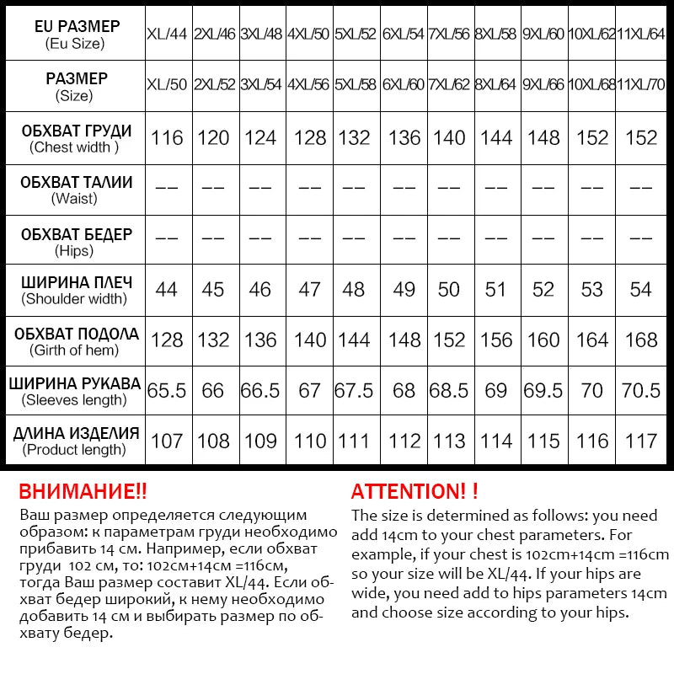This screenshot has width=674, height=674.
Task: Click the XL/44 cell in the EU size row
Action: pyautogui.click(x=167, y=35)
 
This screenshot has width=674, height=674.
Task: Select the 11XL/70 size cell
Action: pyautogui.click(x=641, y=85)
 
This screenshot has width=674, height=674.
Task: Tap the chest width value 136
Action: pyautogui.click(x=404, y=137)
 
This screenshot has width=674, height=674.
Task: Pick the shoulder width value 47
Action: pyautogui.click(x=310, y=289)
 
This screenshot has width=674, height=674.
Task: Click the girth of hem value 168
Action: pyautogui.click(x=641, y=340)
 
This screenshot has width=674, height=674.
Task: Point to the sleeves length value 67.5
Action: pyautogui.click(x=355, y=391)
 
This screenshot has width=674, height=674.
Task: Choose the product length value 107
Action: pyautogui.click(x=167, y=441)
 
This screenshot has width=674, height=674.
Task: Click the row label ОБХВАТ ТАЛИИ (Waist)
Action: pyautogui.click(x=73, y=189)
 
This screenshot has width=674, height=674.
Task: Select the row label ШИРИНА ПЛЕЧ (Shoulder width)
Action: pyautogui.click(x=73, y=289)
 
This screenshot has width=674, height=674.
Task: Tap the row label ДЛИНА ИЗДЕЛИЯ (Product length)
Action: pyautogui.click(x=73, y=441)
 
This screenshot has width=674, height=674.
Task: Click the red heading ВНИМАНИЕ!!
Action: pyautogui.click(x=83, y=492)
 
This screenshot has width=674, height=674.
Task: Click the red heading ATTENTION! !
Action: pyautogui.click(x=415, y=492)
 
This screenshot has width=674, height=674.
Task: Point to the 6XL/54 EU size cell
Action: pyautogui.click(x=404, y=35)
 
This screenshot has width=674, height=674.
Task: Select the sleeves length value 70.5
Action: pyautogui.click(x=641, y=391)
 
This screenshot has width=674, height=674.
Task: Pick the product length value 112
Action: pyautogui.click(x=404, y=441)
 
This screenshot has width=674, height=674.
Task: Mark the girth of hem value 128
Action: pyautogui.click(x=167, y=340)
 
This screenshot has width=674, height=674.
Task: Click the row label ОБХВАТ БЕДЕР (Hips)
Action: pyautogui.click(x=73, y=240)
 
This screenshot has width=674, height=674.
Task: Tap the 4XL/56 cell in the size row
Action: pyautogui.click(x=310, y=85)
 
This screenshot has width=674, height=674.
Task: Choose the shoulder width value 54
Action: pyautogui.click(x=641, y=289)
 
